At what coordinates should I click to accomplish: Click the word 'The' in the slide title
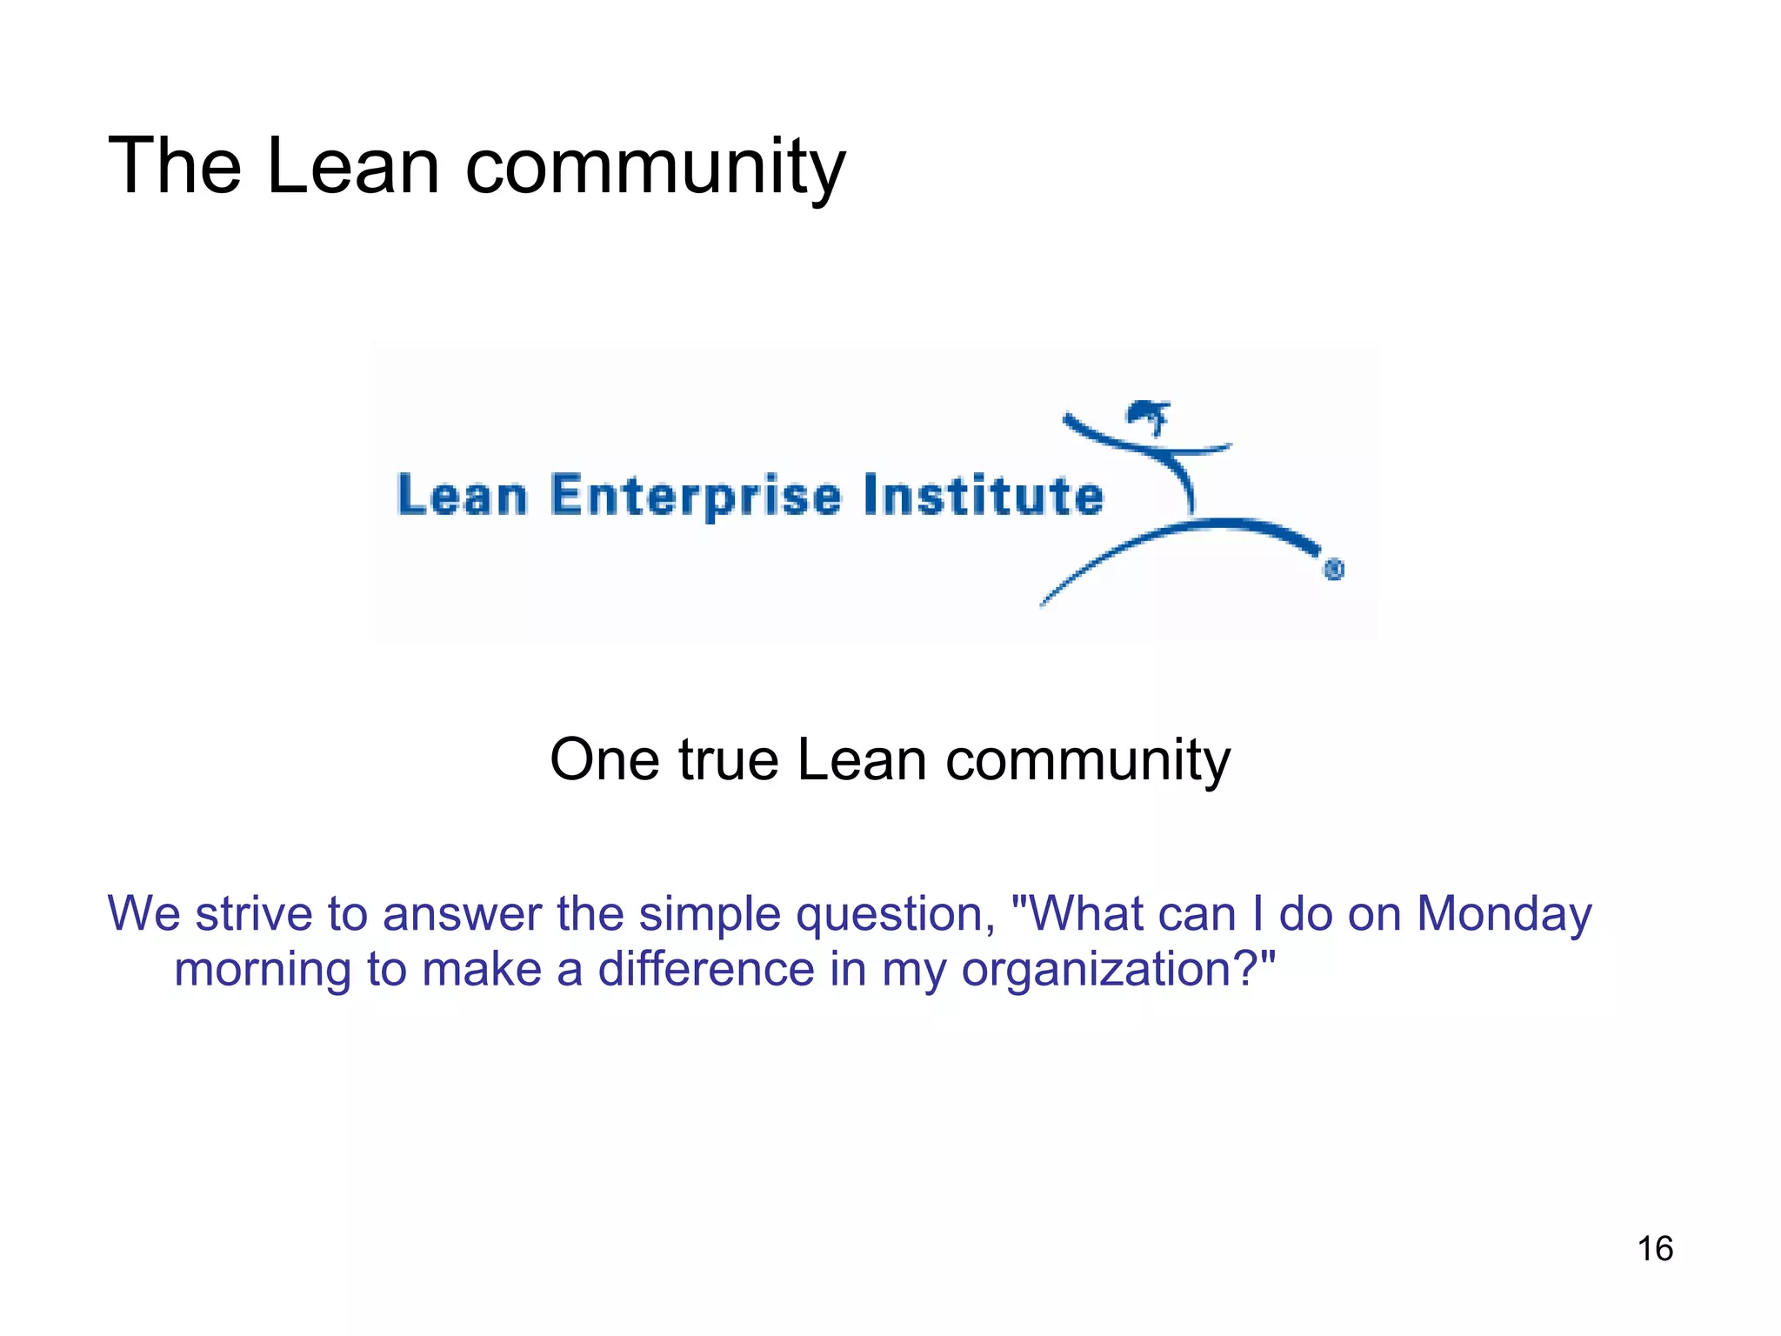[175, 166]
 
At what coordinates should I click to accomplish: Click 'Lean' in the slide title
[353, 166]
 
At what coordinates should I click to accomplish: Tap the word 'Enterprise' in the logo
[696, 497]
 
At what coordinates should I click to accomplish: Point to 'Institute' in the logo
[984, 495]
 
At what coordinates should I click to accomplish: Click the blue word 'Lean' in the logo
[462, 496]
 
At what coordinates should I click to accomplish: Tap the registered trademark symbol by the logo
[1334, 570]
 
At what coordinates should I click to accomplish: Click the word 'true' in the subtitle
[728, 759]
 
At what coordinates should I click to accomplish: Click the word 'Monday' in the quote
[1504, 915]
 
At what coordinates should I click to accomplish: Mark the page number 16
[1655, 1249]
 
